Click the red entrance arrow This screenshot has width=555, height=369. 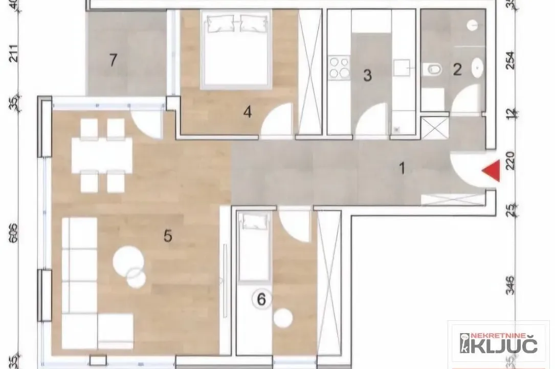click(x=491, y=171)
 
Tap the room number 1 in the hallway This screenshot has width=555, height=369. click(x=402, y=168)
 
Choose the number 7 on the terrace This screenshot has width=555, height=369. click(x=114, y=60)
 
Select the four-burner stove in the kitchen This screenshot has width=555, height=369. click(x=339, y=68)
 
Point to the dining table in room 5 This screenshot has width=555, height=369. click(x=102, y=155)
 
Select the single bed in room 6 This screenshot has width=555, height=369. click(x=254, y=247)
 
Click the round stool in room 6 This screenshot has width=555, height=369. click(x=282, y=318)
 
